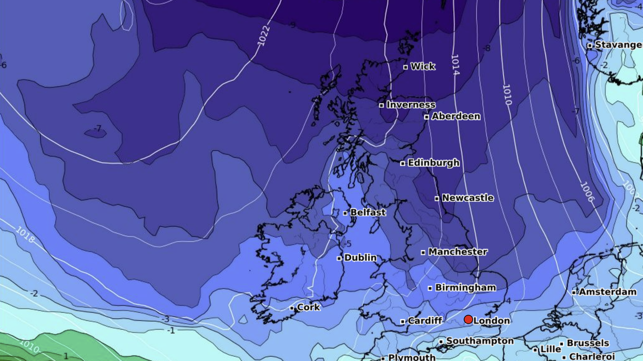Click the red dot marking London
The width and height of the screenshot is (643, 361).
coord(468,320)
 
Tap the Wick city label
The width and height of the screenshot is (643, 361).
coord(422,67)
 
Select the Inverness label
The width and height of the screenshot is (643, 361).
coord(411,105)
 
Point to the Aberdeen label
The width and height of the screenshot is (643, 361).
coord(456,117)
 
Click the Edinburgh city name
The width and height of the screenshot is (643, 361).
coord(433,163)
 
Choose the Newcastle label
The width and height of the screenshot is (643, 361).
coord(467,198)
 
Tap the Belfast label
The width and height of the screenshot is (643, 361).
coord(368,212)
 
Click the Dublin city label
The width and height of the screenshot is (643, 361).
coord(360,258)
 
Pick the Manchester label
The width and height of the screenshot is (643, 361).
coord(458,252)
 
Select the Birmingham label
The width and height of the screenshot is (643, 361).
coord(465,288)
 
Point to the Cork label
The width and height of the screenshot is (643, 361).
coord(308,307)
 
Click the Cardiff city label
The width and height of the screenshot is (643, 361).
coord(425,321)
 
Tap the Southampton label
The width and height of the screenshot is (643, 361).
coord(480,341)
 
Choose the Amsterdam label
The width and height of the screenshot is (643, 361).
coord(607,292)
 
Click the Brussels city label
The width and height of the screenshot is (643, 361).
coord(588,343)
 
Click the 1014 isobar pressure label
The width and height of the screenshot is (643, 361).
coord(455,65)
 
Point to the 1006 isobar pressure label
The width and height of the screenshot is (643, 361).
coord(588,192)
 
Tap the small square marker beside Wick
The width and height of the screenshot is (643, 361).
coord(405,67)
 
